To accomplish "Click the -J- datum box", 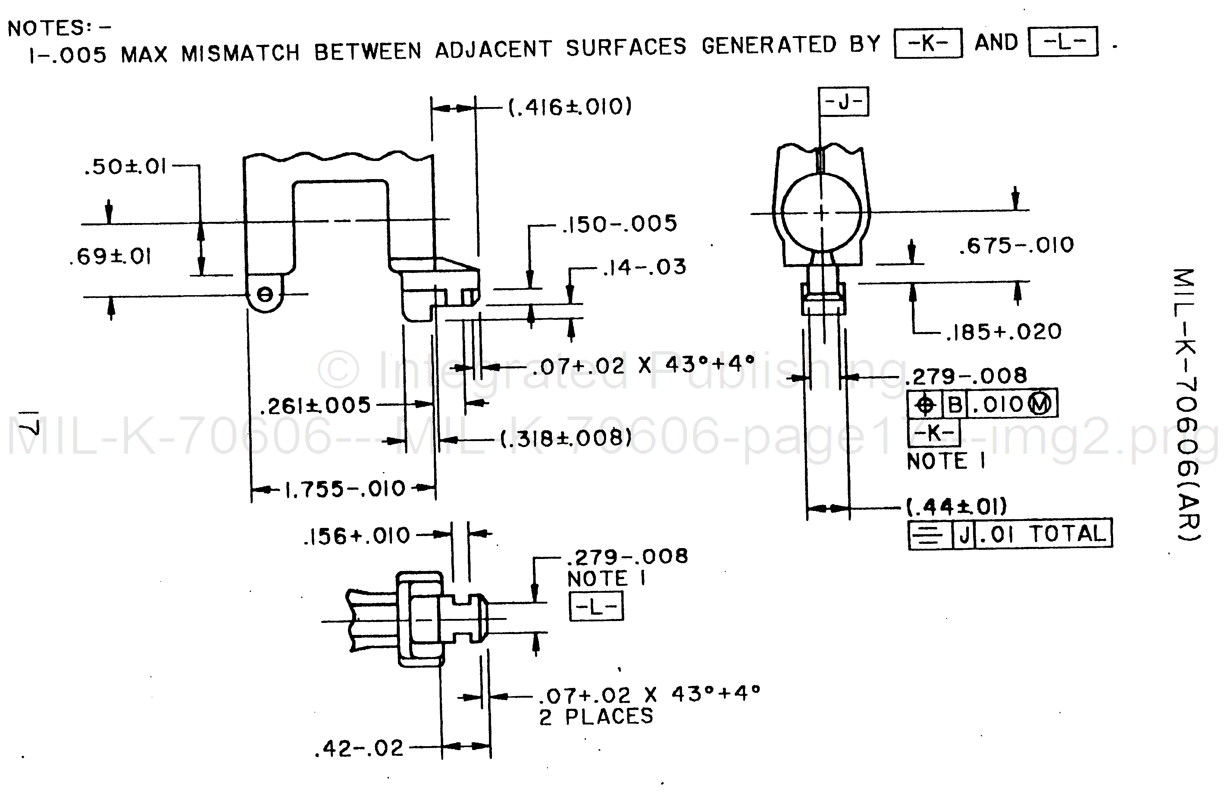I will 843,102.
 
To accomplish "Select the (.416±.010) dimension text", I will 570,107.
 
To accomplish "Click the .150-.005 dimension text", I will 619,224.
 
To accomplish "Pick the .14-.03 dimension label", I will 644,267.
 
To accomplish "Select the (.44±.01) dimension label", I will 957,507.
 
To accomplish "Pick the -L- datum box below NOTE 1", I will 596,607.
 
